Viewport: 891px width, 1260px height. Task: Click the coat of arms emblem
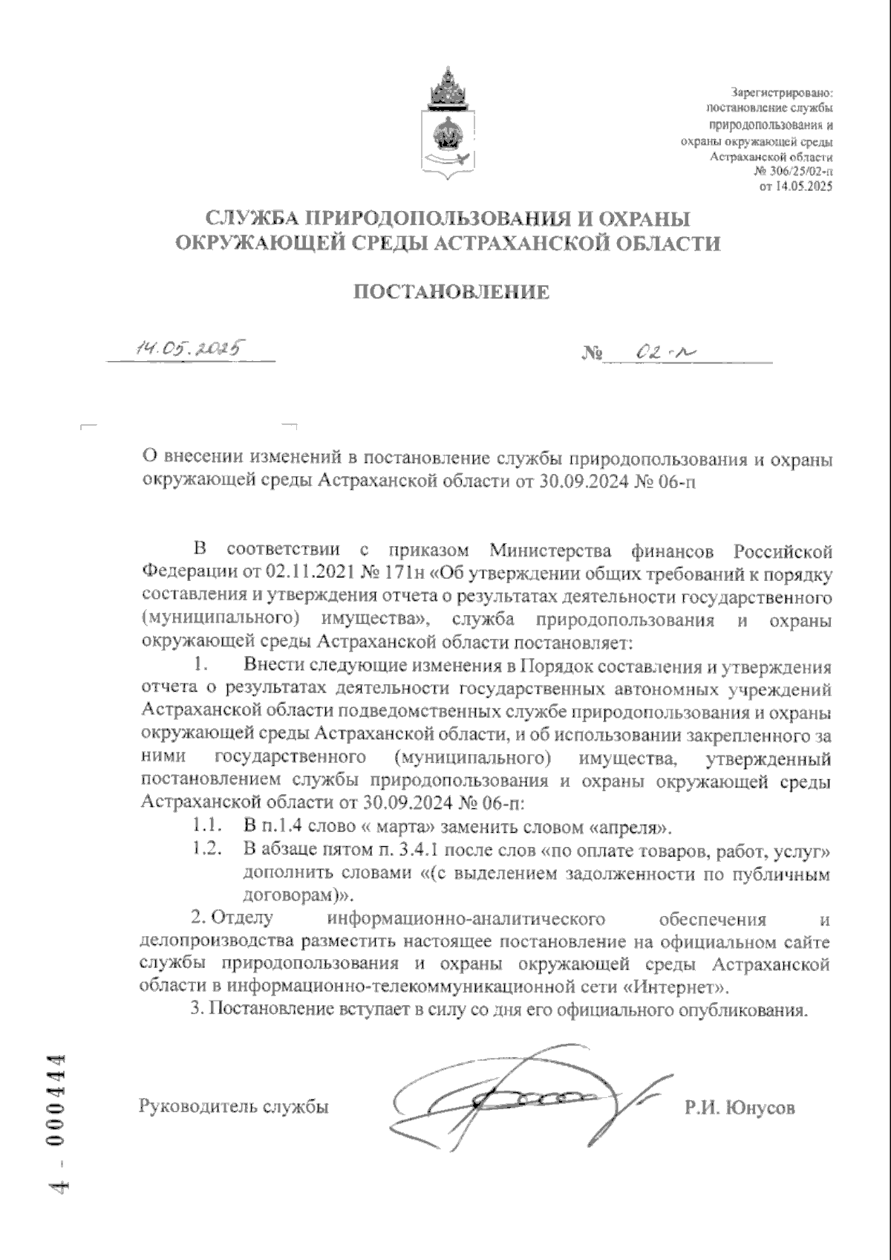[x=446, y=125]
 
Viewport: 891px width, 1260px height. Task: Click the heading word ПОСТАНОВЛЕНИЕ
[x=451, y=292]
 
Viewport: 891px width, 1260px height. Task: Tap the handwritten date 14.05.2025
[x=190, y=348]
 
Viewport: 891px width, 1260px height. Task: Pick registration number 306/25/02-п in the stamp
[x=799, y=172]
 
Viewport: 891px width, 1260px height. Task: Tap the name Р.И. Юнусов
[x=740, y=1108]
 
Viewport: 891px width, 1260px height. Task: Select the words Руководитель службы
[x=234, y=1107]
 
